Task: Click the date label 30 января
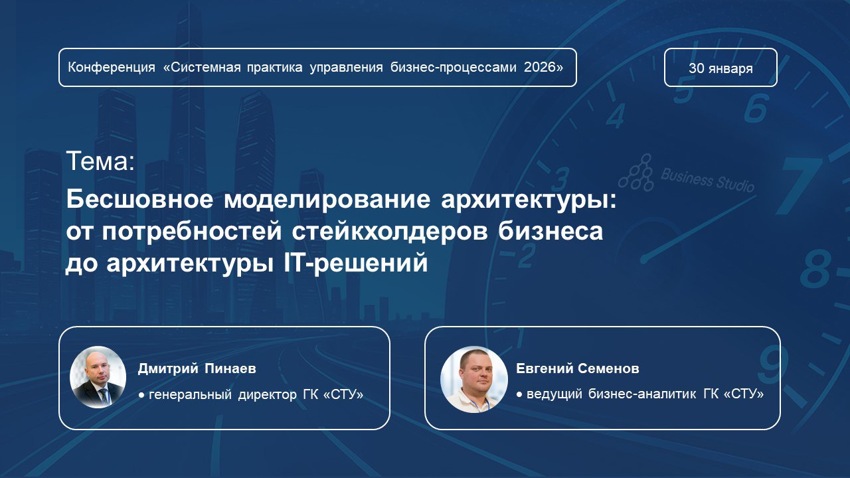[721, 68]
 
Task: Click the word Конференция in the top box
[112, 68]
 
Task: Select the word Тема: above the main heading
[100, 161]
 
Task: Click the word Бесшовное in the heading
[139, 199]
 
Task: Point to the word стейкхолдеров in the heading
[390, 232]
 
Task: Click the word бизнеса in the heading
[551, 232]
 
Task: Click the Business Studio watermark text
[707, 180]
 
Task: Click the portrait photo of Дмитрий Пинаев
[98, 377]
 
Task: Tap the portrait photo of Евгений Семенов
[474, 379]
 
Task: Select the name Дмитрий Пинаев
[197, 368]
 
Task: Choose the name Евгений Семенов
[578, 368]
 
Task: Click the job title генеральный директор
[223, 395]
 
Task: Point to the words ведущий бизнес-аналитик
[612, 394]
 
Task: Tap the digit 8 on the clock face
[816, 270]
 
